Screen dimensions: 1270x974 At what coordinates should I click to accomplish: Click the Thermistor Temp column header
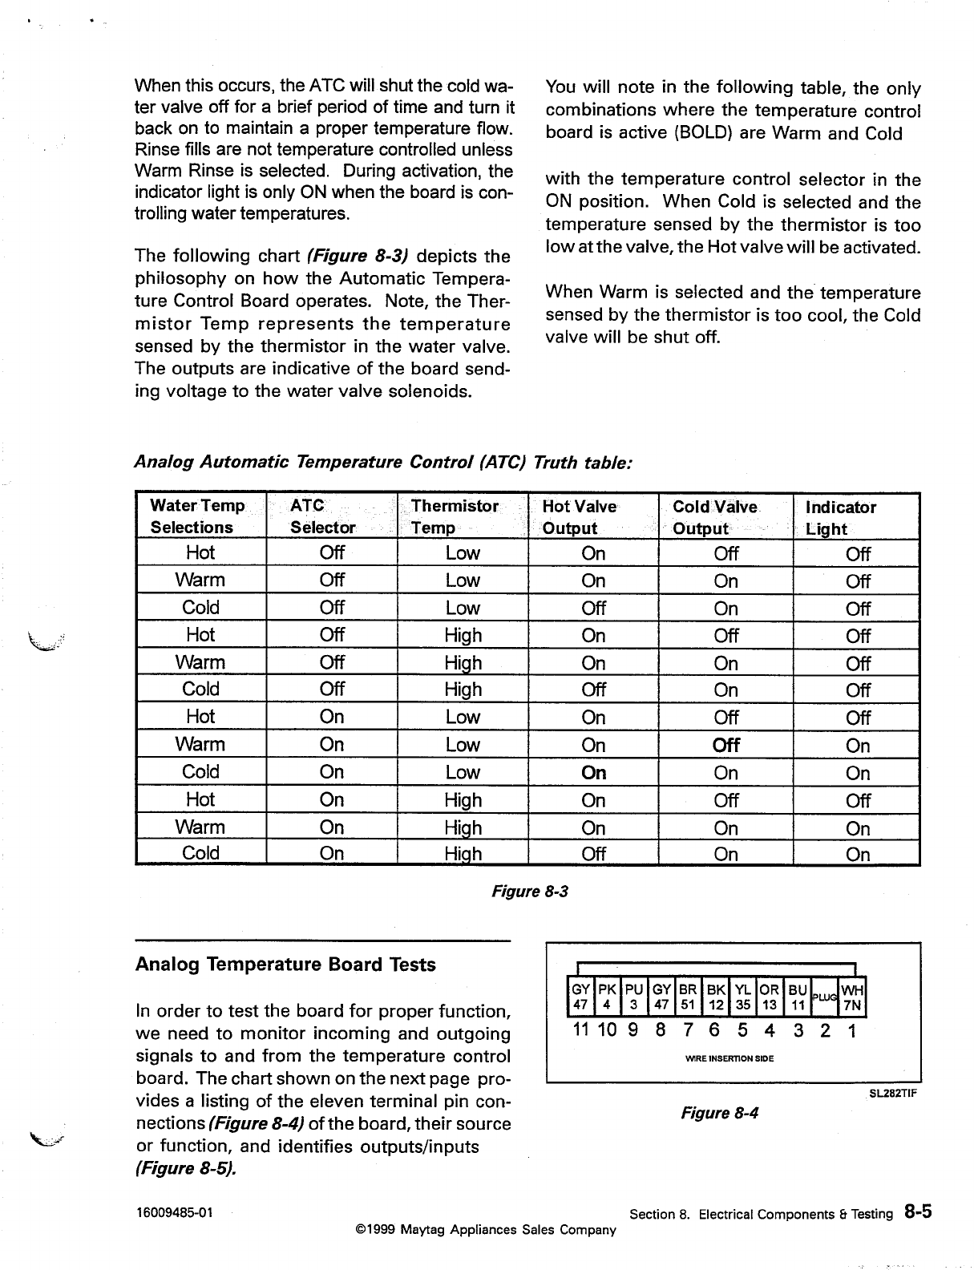tap(454, 517)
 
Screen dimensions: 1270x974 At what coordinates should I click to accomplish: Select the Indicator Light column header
tap(840, 518)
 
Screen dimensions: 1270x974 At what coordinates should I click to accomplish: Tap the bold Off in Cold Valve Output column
tap(725, 745)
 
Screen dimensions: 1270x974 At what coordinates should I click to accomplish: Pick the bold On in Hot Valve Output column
tap(593, 773)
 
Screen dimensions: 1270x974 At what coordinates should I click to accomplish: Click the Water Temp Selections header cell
tap(197, 516)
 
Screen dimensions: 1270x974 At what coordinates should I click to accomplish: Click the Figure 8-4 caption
tap(720, 1113)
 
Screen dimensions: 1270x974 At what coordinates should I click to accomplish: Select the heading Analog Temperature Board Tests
tap(285, 965)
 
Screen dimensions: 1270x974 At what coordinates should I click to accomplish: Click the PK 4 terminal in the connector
tap(608, 996)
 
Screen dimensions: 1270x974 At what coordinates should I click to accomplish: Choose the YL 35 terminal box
tap(743, 996)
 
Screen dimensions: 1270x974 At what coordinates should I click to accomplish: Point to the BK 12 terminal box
tap(716, 996)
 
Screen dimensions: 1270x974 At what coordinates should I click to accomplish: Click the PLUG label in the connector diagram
tap(824, 996)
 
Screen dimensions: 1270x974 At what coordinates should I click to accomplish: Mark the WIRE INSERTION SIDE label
tap(729, 1058)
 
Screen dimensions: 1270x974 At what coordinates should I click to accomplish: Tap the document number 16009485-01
tap(173, 1212)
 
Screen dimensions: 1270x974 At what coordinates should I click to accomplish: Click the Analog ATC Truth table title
tap(383, 463)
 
